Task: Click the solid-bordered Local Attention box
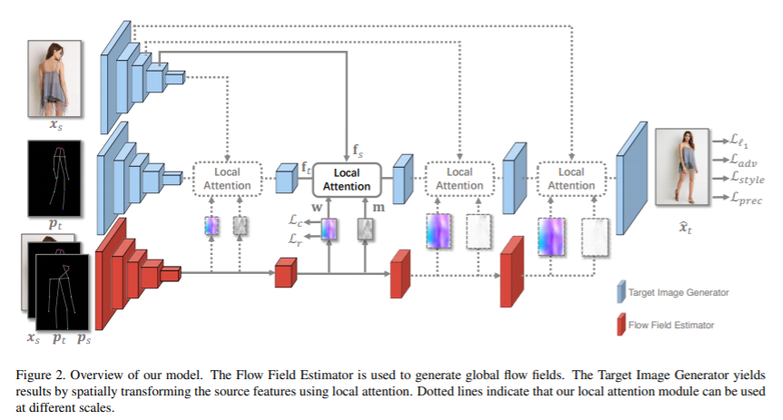(347, 179)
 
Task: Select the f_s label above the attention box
(358, 149)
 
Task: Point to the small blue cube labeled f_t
(287, 179)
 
